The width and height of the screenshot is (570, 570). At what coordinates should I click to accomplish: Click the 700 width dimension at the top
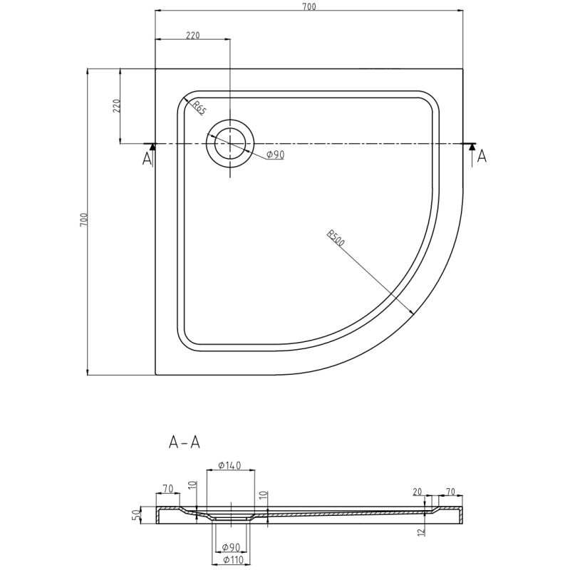tap(309, 7)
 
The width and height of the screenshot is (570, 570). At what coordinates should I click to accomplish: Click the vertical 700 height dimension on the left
tap(83, 220)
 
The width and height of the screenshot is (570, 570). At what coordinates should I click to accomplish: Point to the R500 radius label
tap(336, 238)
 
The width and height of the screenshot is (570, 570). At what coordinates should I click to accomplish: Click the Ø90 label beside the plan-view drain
tap(275, 155)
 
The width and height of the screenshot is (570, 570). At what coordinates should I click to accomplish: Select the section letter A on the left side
tap(147, 158)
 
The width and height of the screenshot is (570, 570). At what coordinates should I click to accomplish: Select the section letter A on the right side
tap(482, 156)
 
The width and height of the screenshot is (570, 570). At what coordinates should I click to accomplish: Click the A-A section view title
tap(185, 442)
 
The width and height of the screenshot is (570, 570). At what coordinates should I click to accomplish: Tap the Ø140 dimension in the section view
tap(229, 466)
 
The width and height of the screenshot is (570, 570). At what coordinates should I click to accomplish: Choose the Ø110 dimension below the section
tap(229, 560)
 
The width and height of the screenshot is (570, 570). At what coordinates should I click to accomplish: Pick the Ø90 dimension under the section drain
tap(229, 547)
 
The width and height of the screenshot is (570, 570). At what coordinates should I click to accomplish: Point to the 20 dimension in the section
tap(418, 492)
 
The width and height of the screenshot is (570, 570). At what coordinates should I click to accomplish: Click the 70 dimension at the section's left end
tap(168, 489)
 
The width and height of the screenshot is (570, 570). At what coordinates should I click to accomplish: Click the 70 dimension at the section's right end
tap(450, 492)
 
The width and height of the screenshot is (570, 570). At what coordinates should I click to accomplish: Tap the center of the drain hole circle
tap(229, 143)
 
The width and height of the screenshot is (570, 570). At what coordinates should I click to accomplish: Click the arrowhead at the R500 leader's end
tap(413, 313)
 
